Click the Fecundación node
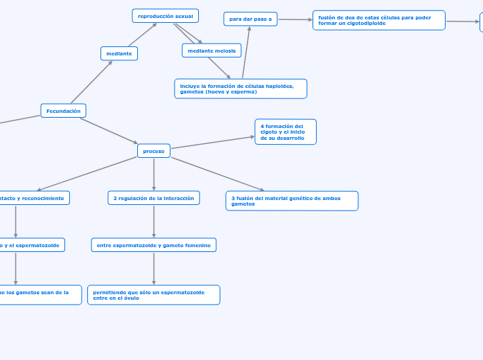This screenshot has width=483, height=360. (x=63, y=111)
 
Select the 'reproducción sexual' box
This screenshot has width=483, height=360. (x=165, y=16)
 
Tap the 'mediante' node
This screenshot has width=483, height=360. (x=119, y=53)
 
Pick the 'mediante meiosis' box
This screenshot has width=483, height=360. (x=211, y=51)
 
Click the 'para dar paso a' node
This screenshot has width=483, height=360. (x=250, y=19)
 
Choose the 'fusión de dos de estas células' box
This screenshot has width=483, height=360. (x=378, y=20)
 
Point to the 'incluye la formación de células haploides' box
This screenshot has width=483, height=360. (x=240, y=89)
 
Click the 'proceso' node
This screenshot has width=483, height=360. (x=154, y=150)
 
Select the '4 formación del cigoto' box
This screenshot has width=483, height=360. (x=286, y=132)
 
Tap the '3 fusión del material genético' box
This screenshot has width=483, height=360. (x=292, y=201)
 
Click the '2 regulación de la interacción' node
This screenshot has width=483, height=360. (x=154, y=198)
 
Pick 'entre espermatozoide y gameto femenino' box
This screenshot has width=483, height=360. (x=154, y=245)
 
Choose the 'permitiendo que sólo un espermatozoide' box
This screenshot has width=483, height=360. (x=154, y=295)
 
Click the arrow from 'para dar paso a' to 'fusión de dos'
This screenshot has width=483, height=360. (x=295, y=19)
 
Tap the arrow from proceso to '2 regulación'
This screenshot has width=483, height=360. (x=154, y=174)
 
